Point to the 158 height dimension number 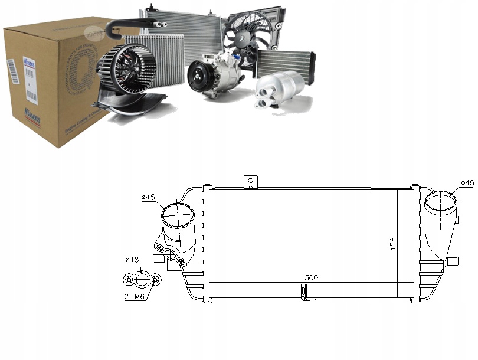tap(393, 243)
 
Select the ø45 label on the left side tap(149, 197)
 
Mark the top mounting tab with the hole tap(252, 181)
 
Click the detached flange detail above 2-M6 tap(142, 278)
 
